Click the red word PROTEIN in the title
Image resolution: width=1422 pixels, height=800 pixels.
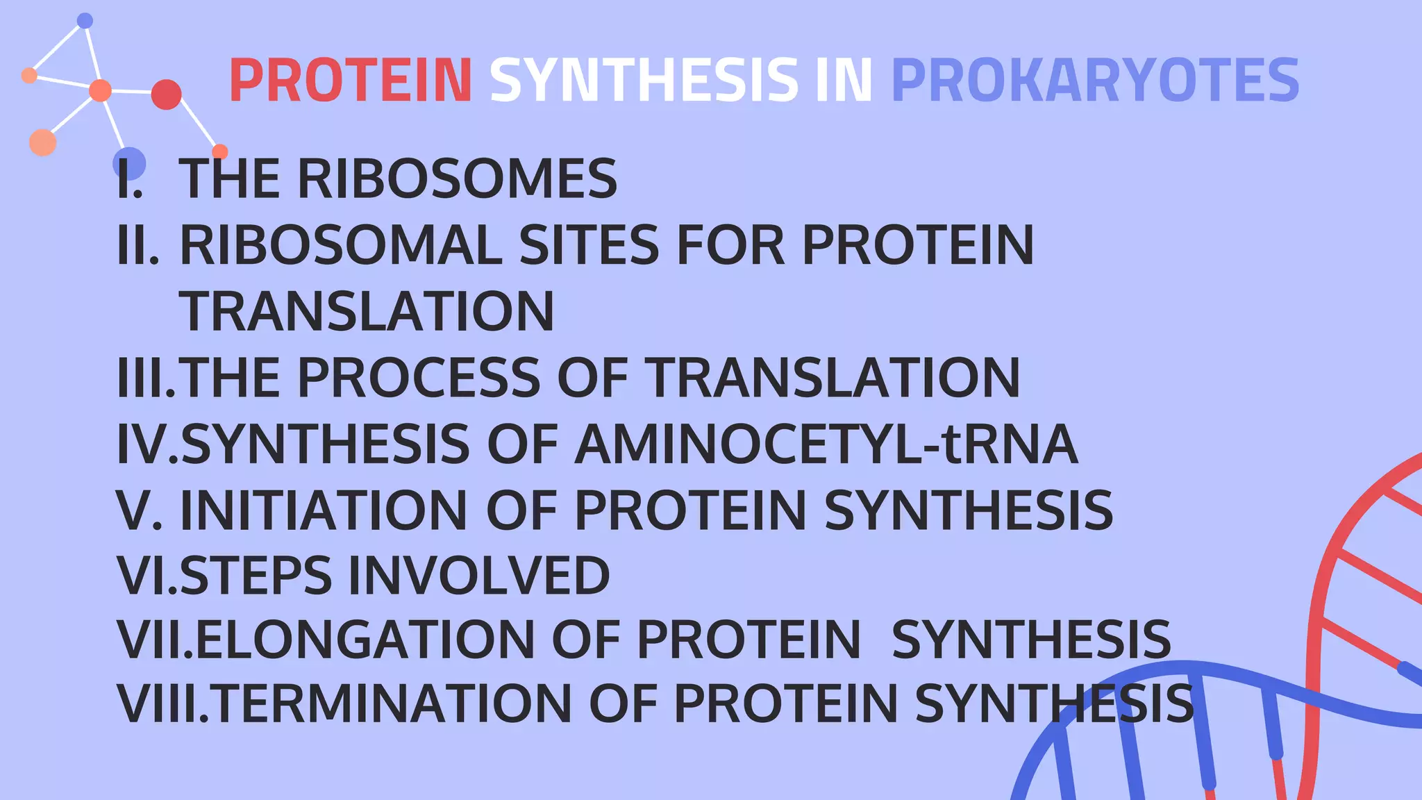(x=351, y=81)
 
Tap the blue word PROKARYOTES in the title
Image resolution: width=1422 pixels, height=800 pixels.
(x=1094, y=81)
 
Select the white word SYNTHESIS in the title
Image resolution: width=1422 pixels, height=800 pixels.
(x=644, y=81)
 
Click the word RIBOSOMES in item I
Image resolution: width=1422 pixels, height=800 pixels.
(x=457, y=178)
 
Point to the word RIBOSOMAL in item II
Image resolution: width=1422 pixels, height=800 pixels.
(x=341, y=245)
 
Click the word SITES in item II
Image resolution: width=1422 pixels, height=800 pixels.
(x=589, y=245)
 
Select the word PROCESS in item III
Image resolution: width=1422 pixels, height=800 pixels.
(x=419, y=378)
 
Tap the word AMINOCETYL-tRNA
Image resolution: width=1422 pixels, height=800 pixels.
(x=826, y=444)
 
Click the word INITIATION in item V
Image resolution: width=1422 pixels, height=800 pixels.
(x=324, y=511)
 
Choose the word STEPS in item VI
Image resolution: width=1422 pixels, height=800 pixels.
(x=256, y=576)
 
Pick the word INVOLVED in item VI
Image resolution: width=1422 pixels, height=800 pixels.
(x=479, y=576)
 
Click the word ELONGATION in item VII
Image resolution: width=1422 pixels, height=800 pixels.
(x=365, y=640)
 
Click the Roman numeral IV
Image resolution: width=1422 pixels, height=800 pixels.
(x=147, y=444)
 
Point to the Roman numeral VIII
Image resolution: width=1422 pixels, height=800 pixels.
(x=162, y=704)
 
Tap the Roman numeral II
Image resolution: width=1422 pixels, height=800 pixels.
(x=138, y=245)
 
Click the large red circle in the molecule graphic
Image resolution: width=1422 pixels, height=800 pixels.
(x=166, y=94)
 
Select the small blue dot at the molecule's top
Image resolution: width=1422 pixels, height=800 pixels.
(x=85, y=21)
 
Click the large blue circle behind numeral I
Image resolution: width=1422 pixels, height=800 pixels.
(x=129, y=164)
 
